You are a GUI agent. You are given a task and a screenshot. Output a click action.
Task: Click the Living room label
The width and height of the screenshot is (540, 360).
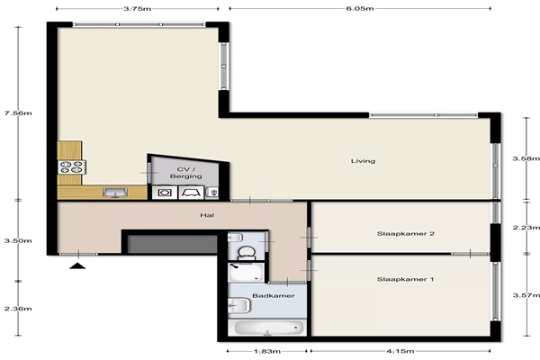coord(363,161)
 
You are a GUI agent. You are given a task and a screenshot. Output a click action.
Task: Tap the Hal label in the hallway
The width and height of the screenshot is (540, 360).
coord(207,215)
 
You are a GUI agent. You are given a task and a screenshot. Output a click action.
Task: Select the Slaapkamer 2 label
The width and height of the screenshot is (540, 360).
coord(405,234)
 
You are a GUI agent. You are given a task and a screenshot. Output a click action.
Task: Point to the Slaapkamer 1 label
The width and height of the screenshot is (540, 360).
coord(405,279)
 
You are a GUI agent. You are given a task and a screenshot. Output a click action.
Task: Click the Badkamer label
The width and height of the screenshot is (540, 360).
coord(274,295)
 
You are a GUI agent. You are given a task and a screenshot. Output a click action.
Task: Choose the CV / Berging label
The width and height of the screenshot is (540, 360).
coord(186,173)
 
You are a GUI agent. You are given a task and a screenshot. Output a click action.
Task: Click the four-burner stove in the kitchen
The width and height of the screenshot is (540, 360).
coord(72,167)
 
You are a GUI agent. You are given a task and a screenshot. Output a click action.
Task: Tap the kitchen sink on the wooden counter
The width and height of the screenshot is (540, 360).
coord(115,193)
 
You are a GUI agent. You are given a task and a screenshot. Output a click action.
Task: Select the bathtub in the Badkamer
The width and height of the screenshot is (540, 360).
coord(267,328)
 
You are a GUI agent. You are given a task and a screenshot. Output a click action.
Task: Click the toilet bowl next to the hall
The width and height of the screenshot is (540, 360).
coord(246,253)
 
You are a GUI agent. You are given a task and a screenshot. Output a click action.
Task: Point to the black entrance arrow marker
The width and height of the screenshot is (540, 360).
coord(77,265)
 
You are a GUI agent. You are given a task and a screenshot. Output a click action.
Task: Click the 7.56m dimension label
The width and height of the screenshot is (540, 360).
coord(18,113)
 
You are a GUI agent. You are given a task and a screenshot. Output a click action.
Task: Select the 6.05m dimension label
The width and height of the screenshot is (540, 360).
coord(360,9)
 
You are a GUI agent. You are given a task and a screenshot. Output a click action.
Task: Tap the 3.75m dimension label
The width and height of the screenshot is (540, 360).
coord(138,9)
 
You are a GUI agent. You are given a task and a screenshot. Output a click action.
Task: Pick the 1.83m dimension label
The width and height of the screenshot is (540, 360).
coord(267,351)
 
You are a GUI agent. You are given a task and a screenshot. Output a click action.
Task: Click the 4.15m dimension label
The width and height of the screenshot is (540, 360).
coord(400,351)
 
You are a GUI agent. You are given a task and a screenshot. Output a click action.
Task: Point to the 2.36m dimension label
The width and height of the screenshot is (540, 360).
coord(18,309)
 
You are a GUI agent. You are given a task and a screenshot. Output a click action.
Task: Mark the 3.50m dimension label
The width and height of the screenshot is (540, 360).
coord(18,240)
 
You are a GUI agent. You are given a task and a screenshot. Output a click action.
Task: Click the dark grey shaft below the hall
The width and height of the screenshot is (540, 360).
coord(172,244)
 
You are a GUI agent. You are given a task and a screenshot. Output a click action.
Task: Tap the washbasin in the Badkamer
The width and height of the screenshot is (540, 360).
coord(238,305)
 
